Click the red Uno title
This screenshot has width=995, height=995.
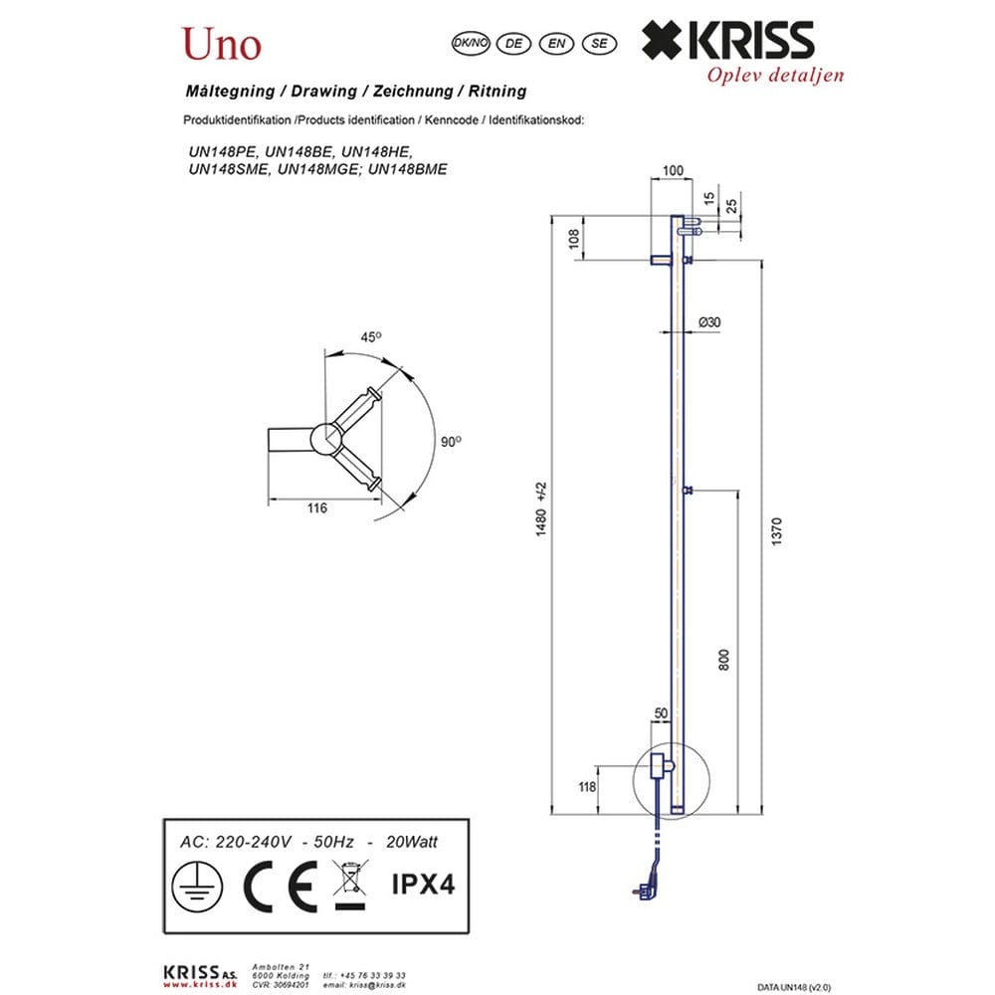pyautogui.click(x=222, y=45)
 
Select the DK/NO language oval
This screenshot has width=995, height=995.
pyautogui.click(x=471, y=43)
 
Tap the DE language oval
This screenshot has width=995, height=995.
pyautogui.click(x=513, y=43)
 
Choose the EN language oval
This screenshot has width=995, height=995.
pyautogui.click(x=556, y=43)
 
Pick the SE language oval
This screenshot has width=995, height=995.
pyautogui.click(x=599, y=43)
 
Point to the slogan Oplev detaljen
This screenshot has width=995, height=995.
pyautogui.click(x=775, y=75)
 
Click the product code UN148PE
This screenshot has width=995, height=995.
pyautogui.click(x=223, y=152)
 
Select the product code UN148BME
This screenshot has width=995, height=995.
pyautogui.click(x=407, y=169)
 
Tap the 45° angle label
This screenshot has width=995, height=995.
pyautogui.click(x=371, y=337)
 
